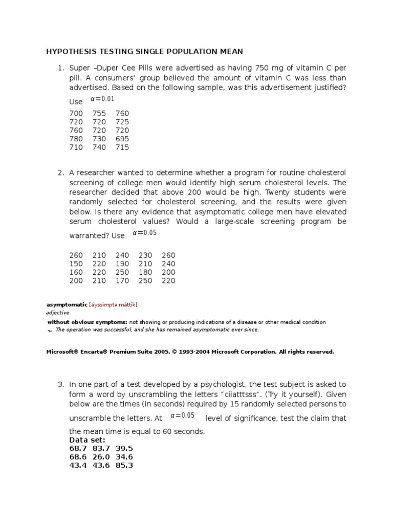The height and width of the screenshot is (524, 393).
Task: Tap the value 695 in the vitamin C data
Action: [x=122, y=139]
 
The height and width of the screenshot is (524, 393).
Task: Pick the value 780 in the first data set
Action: [x=76, y=139]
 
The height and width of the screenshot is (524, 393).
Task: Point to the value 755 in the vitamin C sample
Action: [x=99, y=113]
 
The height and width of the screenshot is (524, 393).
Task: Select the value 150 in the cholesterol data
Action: [x=76, y=264]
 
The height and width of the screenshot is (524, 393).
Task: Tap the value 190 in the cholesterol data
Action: [x=122, y=264]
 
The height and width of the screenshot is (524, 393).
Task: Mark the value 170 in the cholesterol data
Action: [x=122, y=281]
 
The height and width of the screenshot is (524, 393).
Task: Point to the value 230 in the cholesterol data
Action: [x=145, y=255]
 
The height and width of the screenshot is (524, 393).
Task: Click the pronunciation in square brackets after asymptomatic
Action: [x=113, y=305]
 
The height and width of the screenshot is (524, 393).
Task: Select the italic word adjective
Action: [x=57, y=313]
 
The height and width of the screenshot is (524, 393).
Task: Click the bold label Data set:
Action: [x=87, y=440]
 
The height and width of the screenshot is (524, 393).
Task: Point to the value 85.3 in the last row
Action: [x=124, y=466]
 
